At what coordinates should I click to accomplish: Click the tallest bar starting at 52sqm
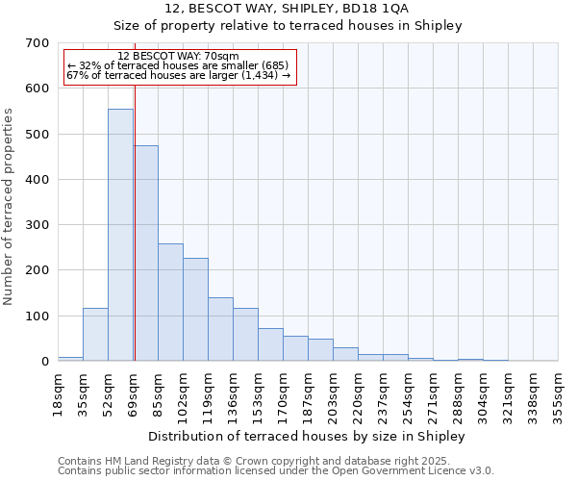(x=120, y=236)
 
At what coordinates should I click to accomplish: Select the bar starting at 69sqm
(x=146, y=254)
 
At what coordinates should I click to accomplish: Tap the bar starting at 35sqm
(x=95, y=335)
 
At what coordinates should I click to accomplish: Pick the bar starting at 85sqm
(x=170, y=303)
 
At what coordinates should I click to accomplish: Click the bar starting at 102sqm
(x=195, y=310)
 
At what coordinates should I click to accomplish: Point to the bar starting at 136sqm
(x=245, y=335)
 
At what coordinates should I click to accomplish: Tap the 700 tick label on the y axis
(x=38, y=43)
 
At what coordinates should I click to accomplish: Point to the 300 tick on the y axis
(x=38, y=225)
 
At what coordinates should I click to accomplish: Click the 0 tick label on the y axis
(x=44, y=362)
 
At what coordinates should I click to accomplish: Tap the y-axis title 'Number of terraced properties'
(x=10, y=206)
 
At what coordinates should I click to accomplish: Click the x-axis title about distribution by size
(x=307, y=436)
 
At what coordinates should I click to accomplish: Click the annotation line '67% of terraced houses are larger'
(x=178, y=75)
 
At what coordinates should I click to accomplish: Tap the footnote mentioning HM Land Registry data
(x=275, y=461)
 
